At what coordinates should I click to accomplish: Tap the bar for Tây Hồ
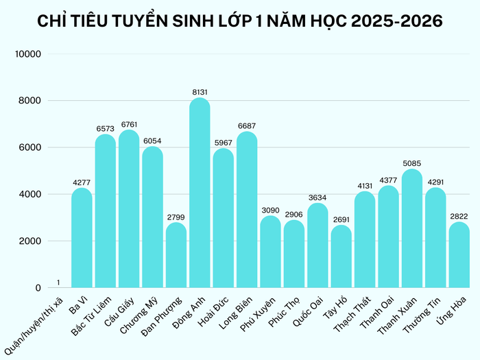point(341,257)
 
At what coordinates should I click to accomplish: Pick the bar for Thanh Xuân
point(411,229)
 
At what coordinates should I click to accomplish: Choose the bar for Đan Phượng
point(176,255)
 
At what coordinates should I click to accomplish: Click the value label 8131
point(200,91)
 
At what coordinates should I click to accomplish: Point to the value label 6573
point(106,128)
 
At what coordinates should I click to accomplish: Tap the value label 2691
point(341,219)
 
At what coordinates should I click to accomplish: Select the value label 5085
point(411,163)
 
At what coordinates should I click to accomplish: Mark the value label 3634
point(317,197)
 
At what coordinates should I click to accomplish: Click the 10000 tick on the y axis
point(29,54)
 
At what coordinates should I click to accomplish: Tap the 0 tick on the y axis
point(38,288)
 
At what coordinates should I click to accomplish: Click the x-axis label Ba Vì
point(78,305)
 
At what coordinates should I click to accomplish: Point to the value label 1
point(58,283)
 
